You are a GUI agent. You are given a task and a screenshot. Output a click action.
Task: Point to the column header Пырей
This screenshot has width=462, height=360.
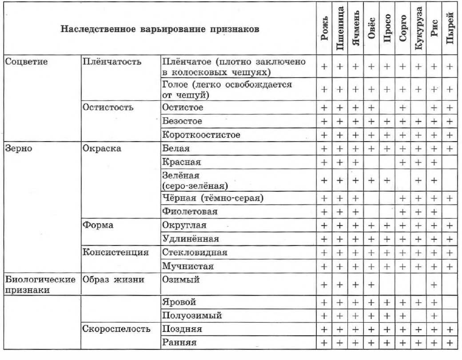coord(451,32)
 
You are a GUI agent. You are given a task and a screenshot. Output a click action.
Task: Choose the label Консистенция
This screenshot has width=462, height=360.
coord(115,252)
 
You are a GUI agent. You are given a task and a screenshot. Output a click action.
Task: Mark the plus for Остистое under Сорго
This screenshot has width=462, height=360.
coord(402,107)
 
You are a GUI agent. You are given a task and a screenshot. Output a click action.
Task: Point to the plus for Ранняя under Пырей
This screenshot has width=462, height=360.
coord(451,343)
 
